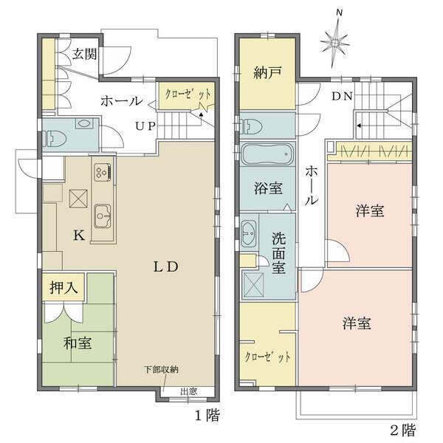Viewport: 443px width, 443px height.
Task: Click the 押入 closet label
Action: click(63, 288)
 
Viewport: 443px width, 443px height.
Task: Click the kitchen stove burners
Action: click(102, 171)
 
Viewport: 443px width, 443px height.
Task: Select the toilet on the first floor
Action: click(58, 137)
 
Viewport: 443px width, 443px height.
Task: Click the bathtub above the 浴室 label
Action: click(267, 158)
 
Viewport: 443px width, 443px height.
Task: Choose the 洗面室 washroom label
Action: click(279, 254)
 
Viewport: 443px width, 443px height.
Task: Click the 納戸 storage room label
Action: click(267, 74)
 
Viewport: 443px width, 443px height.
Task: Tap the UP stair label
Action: click(144, 125)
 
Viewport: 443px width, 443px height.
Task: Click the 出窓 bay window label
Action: click(189, 392)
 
